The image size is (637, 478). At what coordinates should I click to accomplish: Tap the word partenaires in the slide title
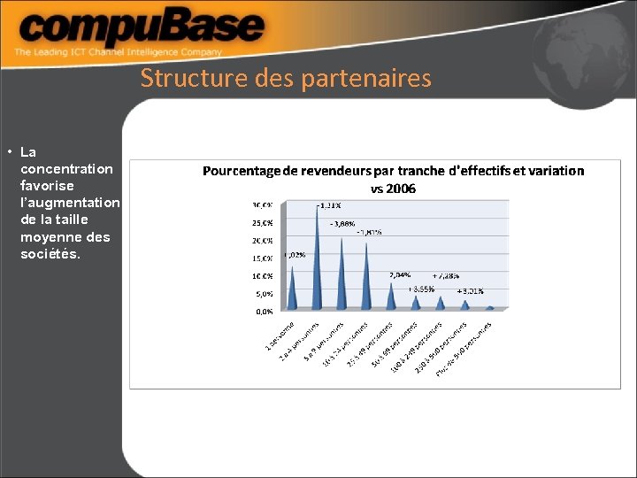point(366,79)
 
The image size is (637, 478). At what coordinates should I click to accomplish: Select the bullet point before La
point(7,151)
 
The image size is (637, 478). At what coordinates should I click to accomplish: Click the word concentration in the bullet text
point(66,168)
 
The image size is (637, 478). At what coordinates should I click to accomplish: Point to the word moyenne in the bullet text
point(53,236)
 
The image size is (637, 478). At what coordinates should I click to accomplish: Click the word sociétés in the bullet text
point(50,254)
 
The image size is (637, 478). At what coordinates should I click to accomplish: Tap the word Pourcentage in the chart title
point(247,171)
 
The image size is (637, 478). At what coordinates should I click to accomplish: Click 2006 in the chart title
point(400,189)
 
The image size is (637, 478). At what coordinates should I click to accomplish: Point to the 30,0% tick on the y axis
point(263,204)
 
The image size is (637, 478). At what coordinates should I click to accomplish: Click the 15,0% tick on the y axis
point(263,258)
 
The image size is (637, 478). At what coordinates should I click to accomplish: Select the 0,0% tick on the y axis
point(265,312)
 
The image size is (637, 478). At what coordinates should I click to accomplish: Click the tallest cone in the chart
point(317,257)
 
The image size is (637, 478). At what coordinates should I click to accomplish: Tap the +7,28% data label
point(446,275)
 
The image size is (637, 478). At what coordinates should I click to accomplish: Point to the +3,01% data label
point(470,290)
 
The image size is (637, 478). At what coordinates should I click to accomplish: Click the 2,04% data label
point(400,275)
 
